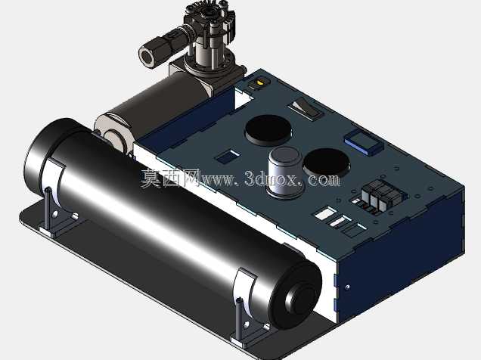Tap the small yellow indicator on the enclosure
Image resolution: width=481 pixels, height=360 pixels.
(x=260, y=82)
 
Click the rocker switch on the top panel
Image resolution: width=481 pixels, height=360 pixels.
(x=306, y=108)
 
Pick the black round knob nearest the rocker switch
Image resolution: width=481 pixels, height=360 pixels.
(x=268, y=130)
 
